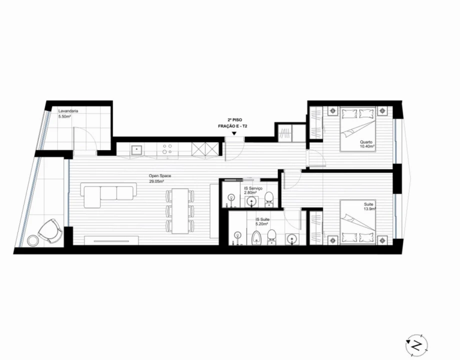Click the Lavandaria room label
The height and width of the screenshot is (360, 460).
click(x=68, y=111)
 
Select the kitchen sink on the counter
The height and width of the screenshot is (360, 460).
click(x=136, y=149)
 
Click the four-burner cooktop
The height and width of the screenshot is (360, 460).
click(x=167, y=149)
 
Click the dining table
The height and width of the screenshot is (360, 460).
click(x=180, y=211)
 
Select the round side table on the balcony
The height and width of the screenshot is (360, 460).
click(x=32, y=240)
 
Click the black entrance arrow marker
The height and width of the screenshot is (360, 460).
click(x=234, y=133)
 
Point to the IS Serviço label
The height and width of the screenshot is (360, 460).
click(x=253, y=188)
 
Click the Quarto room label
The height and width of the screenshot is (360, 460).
click(x=366, y=142)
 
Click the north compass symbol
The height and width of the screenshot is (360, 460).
click(x=416, y=345)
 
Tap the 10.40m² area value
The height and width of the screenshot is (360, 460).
click(x=367, y=146)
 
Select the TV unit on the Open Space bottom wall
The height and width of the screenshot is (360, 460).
click(x=111, y=240)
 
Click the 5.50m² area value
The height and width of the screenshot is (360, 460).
click(x=64, y=116)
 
